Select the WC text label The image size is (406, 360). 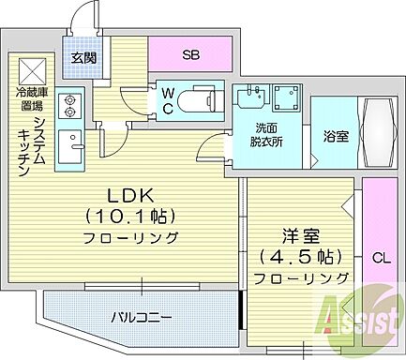click(165, 100)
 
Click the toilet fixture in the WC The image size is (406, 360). click(200, 101)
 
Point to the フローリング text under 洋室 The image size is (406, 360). click(300, 277)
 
